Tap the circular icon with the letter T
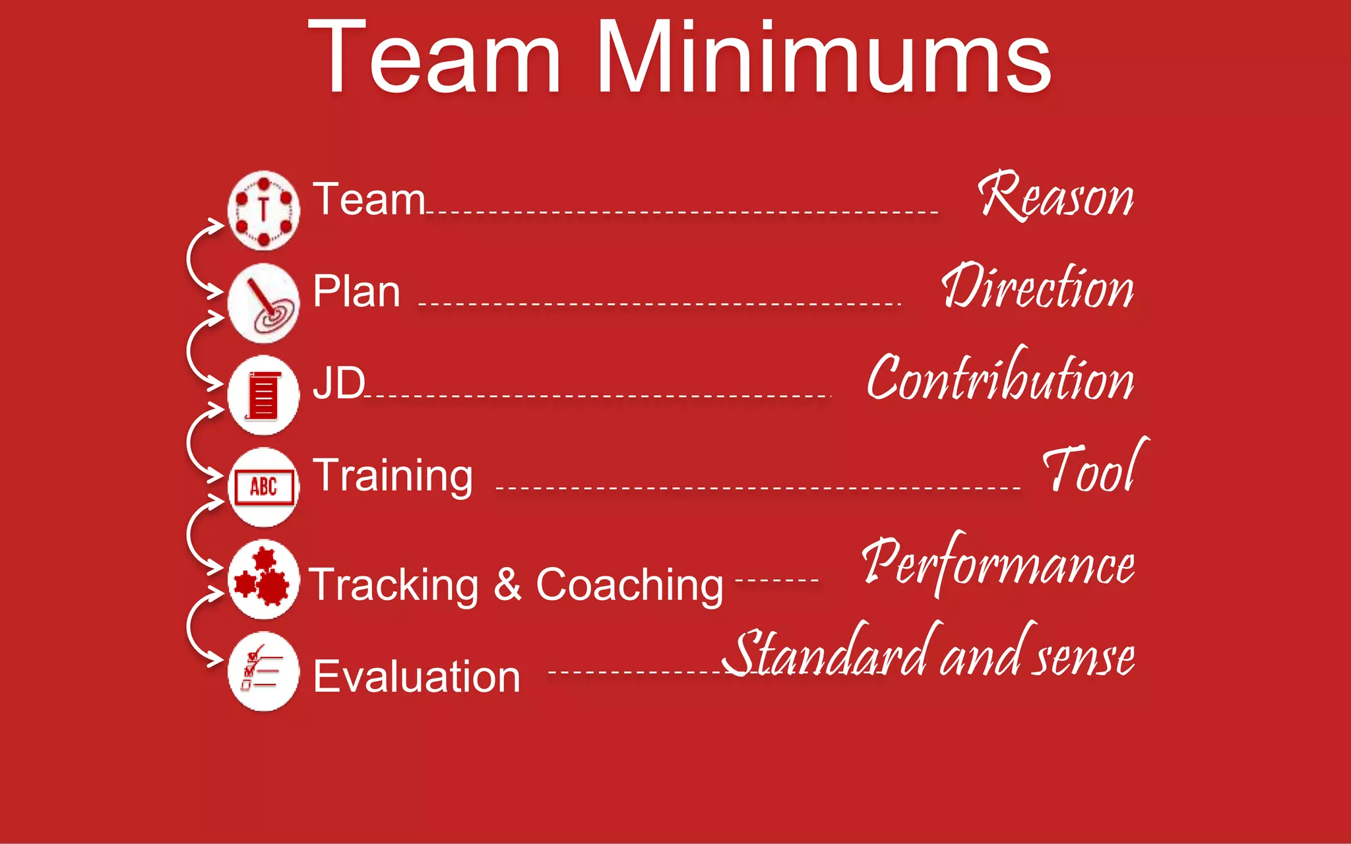click(264, 210)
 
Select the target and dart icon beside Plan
click(264, 303)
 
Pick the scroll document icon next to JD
click(264, 395)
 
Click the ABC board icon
click(264, 487)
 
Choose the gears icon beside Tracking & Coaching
click(264, 579)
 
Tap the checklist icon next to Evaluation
click(264, 671)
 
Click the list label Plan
click(356, 291)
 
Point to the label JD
click(338, 382)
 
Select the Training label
click(393, 476)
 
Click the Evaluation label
click(416, 677)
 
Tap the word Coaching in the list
click(629, 586)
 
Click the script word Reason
click(1055, 196)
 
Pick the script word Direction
click(1038, 287)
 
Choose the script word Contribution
click(1001, 378)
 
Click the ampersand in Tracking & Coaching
click(507, 584)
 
